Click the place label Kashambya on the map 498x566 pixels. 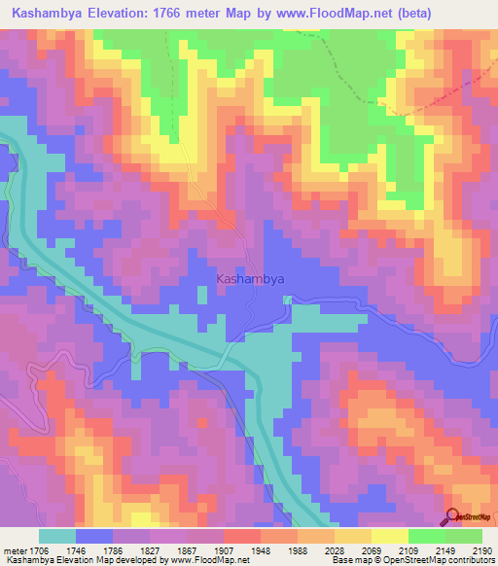point(249,278)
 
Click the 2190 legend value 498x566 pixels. point(482,550)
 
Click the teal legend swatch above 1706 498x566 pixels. point(57,536)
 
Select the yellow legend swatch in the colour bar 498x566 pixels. point(390,536)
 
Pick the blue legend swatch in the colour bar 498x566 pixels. point(94,536)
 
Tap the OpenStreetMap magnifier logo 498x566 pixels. point(453,517)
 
